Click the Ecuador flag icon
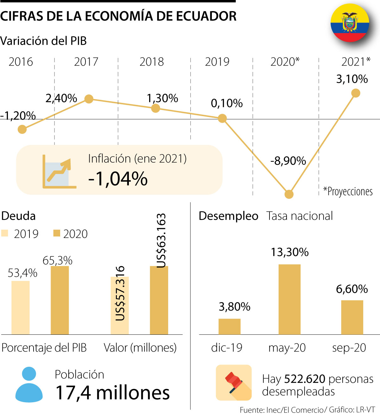click(350, 23)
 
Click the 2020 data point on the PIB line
click(289, 194)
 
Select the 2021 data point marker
click(356, 93)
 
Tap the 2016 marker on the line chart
click(22, 129)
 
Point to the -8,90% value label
click(288, 161)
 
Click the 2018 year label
click(152, 62)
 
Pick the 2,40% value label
click(61, 98)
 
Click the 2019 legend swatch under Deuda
click(5, 233)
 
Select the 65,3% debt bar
click(60, 300)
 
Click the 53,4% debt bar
click(21, 307)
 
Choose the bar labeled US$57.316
click(120, 305)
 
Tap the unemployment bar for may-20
click(289, 299)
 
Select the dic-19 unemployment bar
click(229, 327)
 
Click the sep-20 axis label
click(349, 348)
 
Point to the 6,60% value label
click(352, 289)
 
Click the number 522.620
click(305, 379)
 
